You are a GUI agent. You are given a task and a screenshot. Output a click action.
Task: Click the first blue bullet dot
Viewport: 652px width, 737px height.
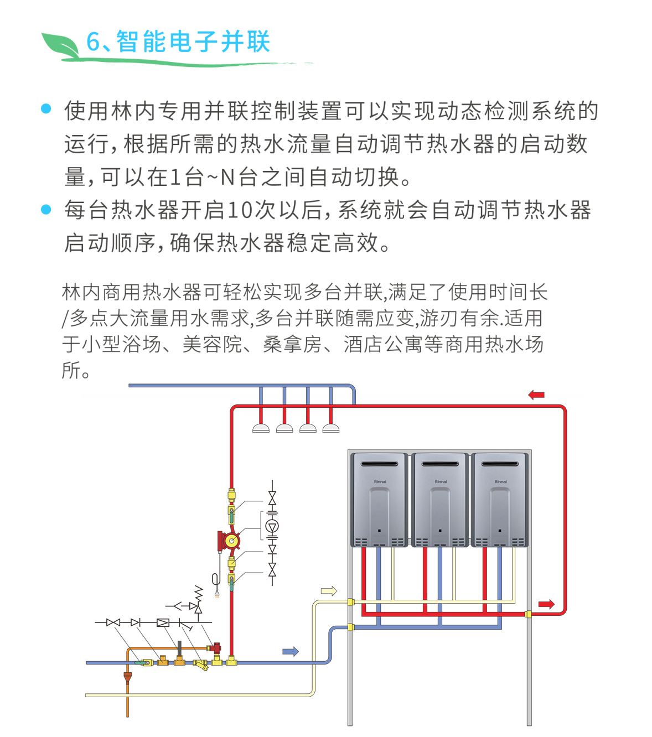[46, 109]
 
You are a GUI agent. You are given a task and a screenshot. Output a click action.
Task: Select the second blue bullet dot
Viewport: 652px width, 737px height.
[46, 209]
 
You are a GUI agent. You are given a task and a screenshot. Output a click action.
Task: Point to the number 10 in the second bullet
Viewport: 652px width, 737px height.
[240, 210]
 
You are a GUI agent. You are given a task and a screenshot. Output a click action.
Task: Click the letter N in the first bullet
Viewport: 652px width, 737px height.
[227, 178]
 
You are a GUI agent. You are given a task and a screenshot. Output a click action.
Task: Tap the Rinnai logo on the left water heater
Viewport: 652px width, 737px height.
[380, 482]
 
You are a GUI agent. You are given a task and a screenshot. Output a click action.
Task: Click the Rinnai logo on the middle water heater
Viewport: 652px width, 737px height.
[441, 482]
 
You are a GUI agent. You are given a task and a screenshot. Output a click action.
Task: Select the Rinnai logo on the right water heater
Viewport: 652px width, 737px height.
[500, 482]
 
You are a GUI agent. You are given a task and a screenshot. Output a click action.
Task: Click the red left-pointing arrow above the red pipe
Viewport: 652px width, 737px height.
[536, 395]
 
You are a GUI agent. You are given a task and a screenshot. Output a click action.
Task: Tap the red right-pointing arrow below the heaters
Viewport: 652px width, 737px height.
[546, 604]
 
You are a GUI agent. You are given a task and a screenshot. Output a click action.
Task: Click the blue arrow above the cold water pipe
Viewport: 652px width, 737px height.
[291, 651]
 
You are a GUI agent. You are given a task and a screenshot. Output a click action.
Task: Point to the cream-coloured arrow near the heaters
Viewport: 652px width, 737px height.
[329, 591]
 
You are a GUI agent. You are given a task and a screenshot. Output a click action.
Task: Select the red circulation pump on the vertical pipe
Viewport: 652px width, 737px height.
[229, 540]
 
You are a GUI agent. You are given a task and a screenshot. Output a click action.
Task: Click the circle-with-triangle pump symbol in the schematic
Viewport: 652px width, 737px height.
[272, 526]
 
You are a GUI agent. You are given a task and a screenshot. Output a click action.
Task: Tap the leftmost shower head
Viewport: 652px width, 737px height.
[261, 428]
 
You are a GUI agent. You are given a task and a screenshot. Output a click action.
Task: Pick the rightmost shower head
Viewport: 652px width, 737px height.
[331, 428]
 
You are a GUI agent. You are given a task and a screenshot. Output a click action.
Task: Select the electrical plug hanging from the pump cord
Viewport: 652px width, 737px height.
[217, 595]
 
